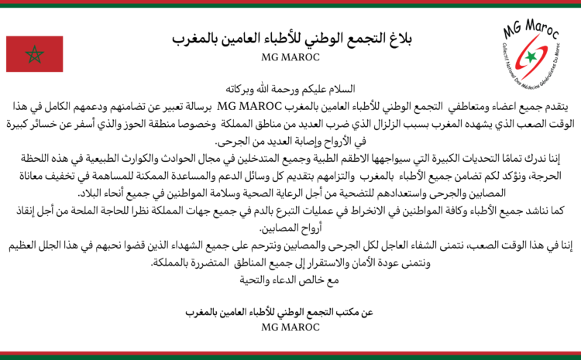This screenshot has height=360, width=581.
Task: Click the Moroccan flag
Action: (34, 54)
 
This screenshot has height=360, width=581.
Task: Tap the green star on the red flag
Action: (34, 54)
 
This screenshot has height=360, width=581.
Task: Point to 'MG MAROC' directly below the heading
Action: (290, 57)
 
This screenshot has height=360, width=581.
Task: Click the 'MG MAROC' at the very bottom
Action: (290, 328)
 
